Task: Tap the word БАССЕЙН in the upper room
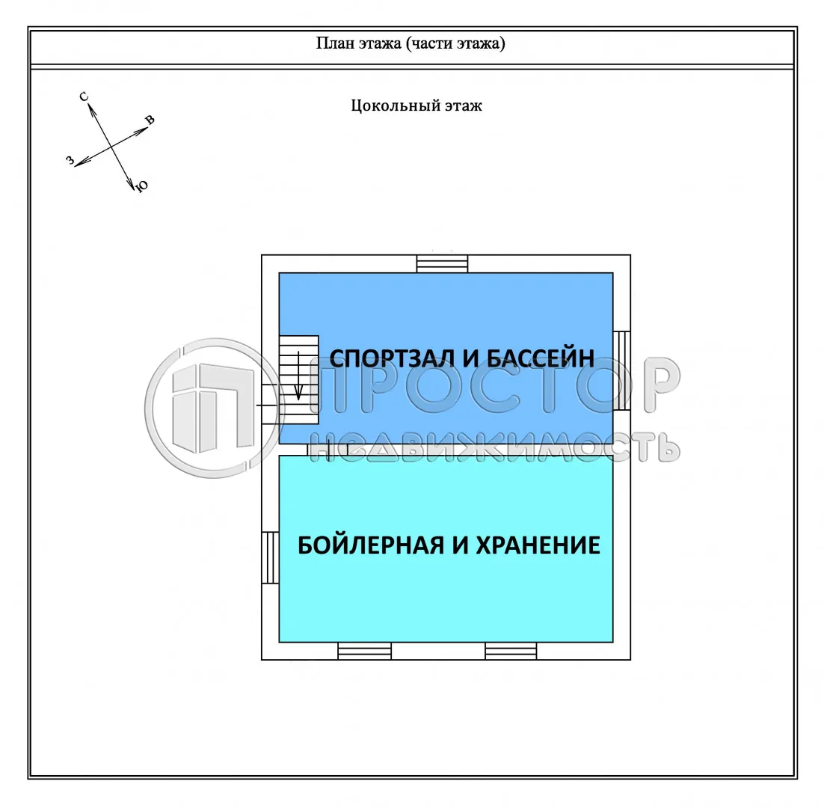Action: point(541,358)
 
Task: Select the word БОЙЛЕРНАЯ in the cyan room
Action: point(371,545)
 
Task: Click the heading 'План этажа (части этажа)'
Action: point(411,43)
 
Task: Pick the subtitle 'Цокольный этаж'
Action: point(416,105)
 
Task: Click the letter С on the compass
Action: point(84,97)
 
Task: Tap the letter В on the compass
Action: point(150,120)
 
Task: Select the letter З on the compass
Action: point(70,160)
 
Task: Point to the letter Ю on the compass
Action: point(141,187)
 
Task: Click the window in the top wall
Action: point(442,264)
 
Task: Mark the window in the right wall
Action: point(621,370)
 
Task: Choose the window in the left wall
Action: point(270,557)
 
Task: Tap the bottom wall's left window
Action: point(364,651)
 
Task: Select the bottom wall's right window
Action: point(511,651)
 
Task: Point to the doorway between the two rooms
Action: point(317,449)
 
